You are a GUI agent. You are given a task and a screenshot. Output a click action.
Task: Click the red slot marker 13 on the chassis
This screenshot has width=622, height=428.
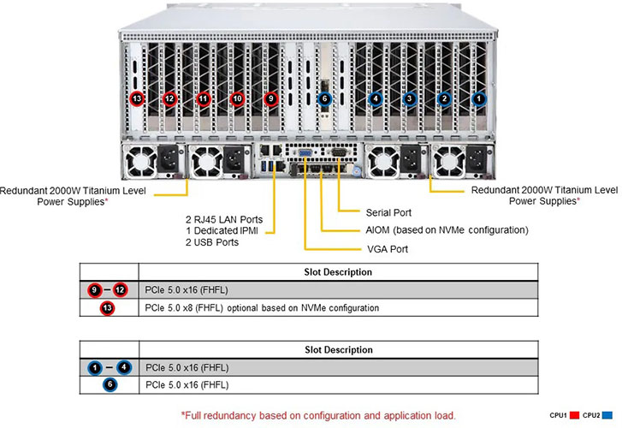pos(136,99)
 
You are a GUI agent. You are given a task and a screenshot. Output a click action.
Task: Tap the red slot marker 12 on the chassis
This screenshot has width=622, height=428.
pos(169,99)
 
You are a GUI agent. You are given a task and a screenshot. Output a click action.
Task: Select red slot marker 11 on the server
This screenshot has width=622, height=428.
pos(203,99)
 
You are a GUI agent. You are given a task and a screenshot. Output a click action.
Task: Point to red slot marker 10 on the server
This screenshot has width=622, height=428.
pos(237,99)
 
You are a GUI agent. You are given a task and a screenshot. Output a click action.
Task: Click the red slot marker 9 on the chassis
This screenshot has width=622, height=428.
pos(271,99)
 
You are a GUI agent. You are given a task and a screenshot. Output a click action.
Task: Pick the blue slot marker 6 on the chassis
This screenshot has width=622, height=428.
pos(323,99)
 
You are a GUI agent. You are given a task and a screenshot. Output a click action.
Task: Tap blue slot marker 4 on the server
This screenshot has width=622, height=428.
pos(375,99)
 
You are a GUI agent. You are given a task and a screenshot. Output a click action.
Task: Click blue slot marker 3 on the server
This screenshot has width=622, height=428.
pos(410,99)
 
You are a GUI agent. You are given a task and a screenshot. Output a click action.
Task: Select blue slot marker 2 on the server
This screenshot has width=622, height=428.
pos(444,99)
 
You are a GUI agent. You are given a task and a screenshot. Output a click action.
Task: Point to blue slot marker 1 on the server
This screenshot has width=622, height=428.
pos(479,99)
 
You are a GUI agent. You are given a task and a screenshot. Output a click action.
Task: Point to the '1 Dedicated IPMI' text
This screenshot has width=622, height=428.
pos(222,230)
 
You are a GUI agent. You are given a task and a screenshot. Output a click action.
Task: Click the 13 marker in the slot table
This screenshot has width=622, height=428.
pos(108,306)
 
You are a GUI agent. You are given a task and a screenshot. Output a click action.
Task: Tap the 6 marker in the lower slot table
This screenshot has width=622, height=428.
pos(108,385)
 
